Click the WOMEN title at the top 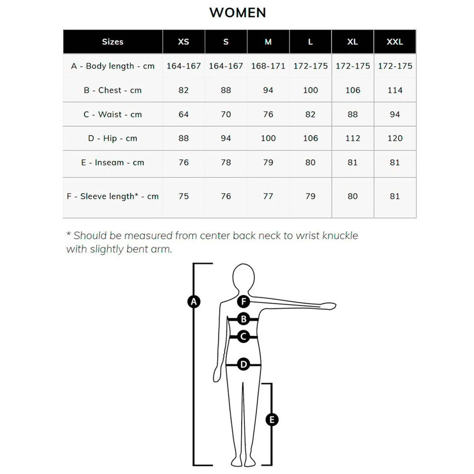(x=237, y=13)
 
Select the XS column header (x=183, y=42)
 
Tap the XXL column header (x=395, y=42)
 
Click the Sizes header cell (x=113, y=42)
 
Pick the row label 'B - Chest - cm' (x=113, y=90)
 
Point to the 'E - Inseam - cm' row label (x=113, y=163)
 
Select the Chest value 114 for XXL (x=395, y=90)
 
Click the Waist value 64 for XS (x=183, y=114)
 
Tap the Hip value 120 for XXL (x=395, y=138)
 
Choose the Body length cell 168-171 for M (x=268, y=66)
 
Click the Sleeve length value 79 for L (x=310, y=196)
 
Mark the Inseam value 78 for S (x=226, y=163)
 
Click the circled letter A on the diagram (x=194, y=302)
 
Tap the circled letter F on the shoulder (x=244, y=301)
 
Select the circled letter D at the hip (x=244, y=365)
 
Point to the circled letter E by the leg (x=272, y=420)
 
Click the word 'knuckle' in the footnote (x=340, y=236)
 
